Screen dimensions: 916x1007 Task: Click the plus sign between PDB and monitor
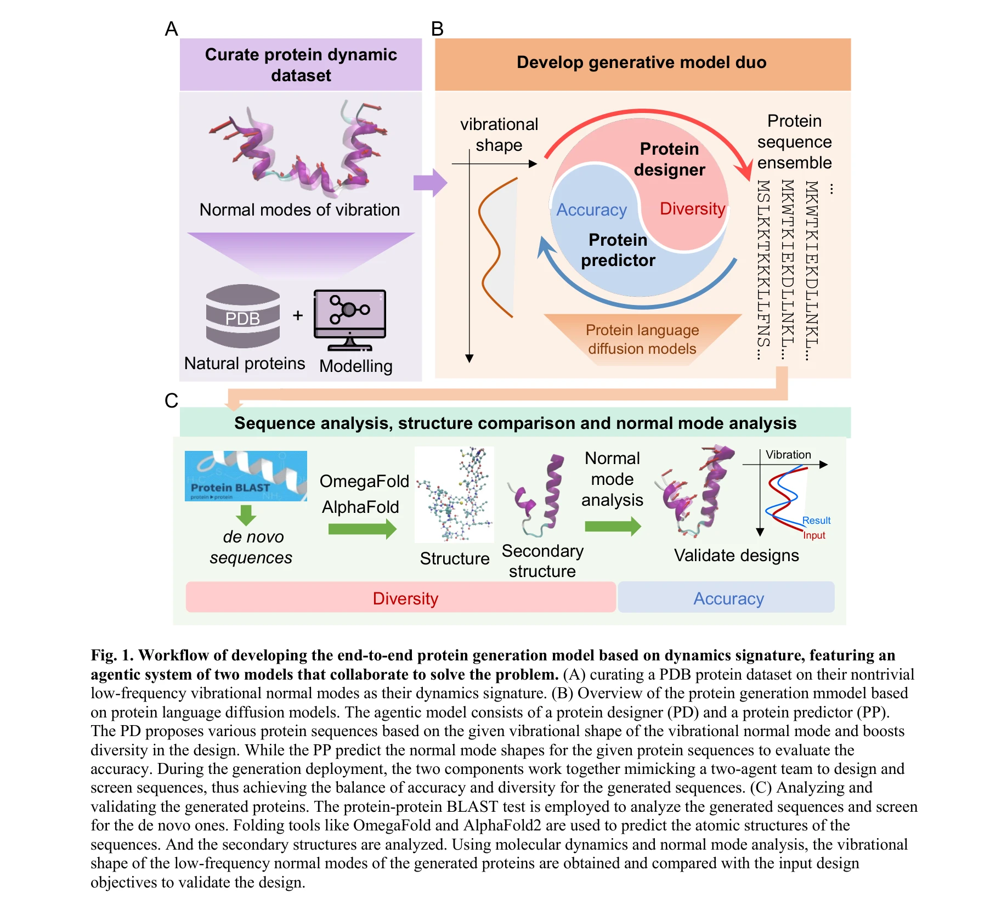298,315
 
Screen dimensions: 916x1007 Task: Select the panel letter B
437,29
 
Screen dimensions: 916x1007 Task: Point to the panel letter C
171,400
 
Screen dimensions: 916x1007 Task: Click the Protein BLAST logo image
246,476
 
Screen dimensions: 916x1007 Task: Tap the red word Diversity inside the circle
692,208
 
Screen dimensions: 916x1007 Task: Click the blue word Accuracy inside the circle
591,210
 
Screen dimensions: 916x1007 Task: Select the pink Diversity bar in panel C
400,598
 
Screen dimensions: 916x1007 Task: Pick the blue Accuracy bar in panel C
727,598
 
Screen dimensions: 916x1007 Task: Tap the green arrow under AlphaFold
362,529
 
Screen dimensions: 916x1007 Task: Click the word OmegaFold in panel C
364,481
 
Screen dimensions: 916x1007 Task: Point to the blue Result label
816,521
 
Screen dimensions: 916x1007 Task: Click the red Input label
814,535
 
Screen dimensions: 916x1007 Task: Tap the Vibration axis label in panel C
788,455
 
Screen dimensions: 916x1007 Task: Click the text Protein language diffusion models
642,339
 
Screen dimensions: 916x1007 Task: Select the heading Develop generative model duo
642,63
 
